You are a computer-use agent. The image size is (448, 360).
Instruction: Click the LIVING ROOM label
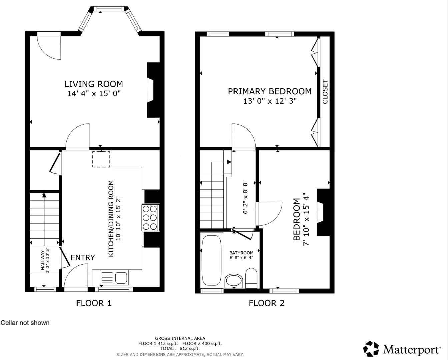click(x=94, y=84)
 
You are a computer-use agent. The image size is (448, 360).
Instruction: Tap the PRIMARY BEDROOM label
click(x=269, y=91)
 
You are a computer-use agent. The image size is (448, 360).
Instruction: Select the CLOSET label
click(x=325, y=92)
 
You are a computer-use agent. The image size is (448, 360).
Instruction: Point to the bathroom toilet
click(x=251, y=278)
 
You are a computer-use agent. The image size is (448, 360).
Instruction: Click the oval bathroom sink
click(x=234, y=281)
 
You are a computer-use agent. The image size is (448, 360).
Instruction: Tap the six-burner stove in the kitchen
click(x=150, y=218)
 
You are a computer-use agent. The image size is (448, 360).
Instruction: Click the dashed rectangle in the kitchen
click(x=101, y=159)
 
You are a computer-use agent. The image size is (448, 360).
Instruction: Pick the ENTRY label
click(x=83, y=258)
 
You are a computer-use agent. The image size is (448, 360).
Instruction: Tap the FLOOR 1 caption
click(x=94, y=303)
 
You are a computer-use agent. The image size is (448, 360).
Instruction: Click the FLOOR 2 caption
click(x=267, y=303)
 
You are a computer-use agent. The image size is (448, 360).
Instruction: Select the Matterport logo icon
click(x=371, y=349)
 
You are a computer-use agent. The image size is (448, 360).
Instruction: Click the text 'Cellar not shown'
click(x=25, y=323)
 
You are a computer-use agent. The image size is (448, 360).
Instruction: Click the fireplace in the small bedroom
click(x=321, y=212)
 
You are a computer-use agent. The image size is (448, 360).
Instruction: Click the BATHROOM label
click(x=241, y=253)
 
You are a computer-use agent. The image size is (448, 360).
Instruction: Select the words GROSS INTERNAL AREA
click(x=180, y=338)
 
